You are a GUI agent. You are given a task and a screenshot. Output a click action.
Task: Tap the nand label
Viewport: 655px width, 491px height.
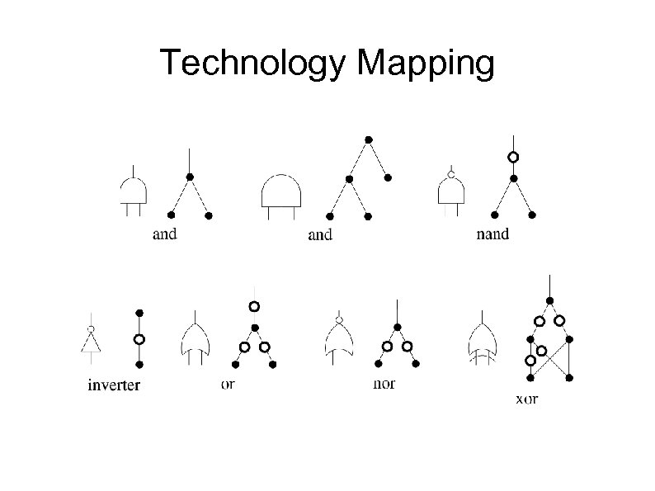coord(493,234)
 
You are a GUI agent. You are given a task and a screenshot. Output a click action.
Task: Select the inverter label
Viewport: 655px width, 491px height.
coord(114,385)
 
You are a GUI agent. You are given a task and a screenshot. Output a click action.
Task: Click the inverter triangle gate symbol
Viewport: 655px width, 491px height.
coord(90,340)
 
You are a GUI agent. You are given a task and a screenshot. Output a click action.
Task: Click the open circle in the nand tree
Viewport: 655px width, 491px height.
coord(513,157)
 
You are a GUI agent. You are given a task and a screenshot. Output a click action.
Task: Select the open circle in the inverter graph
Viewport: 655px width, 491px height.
coord(139,338)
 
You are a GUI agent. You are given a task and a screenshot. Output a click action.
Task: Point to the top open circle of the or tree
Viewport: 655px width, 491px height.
coord(255,306)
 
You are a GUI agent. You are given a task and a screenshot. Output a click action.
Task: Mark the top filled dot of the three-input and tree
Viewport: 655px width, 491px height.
coord(368,138)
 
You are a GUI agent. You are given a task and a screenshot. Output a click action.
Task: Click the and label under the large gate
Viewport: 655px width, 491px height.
coord(319,235)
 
